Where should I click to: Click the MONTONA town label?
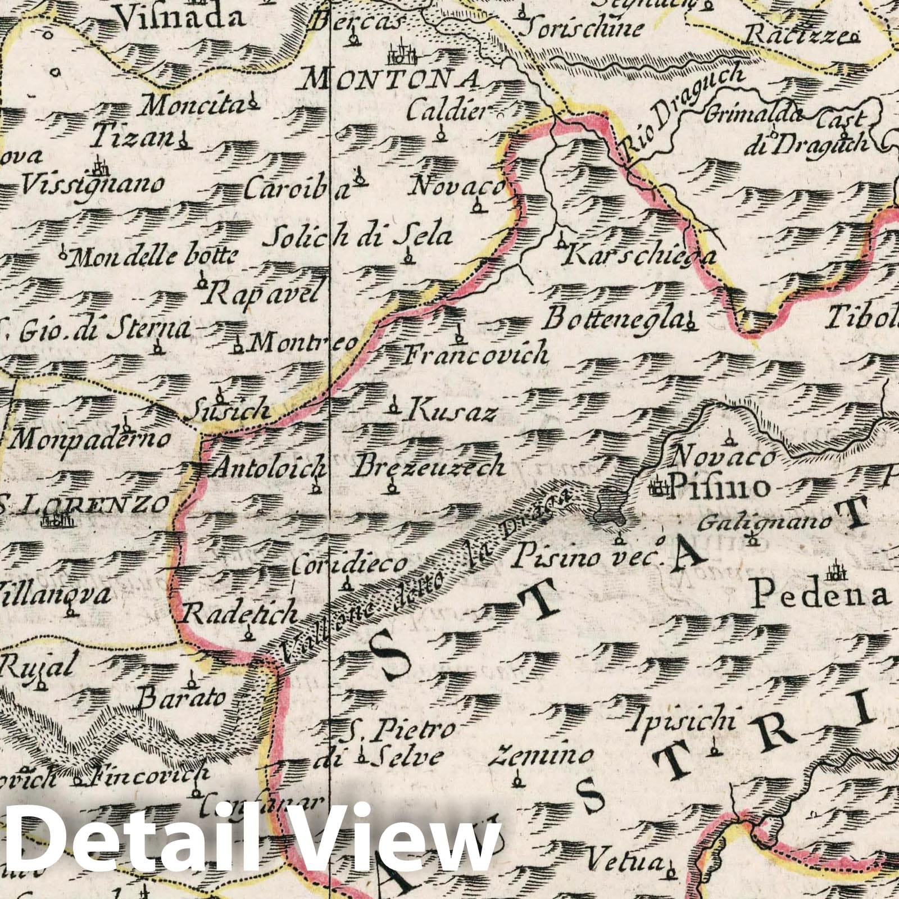click(x=391, y=80)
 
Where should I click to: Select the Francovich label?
click(x=476, y=355)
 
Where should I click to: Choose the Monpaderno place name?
click(x=90, y=439)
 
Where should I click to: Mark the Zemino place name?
click(x=533, y=756)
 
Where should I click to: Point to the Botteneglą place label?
click(x=613, y=320)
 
